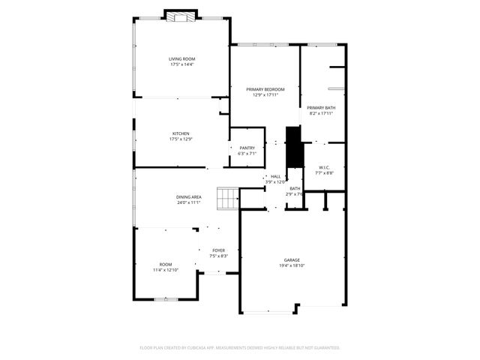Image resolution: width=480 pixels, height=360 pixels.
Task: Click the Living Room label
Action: point(181,58)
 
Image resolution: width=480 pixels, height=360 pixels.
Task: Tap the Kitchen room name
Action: point(181,133)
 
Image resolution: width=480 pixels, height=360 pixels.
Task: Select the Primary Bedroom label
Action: point(265,89)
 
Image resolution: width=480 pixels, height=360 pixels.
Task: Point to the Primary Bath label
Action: point(321,108)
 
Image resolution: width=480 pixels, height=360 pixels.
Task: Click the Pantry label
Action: point(247,148)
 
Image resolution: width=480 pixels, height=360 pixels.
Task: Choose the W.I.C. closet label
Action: point(325,167)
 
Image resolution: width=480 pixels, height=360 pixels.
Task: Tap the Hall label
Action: point(275,176)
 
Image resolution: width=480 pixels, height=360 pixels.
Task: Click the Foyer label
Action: point(218,250)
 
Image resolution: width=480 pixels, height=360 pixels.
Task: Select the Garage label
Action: point(292,259)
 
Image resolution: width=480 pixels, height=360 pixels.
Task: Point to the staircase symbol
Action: point(227,199)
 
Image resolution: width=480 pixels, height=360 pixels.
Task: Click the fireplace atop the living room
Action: point(181,16)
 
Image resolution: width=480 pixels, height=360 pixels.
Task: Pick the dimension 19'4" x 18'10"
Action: point(292,265)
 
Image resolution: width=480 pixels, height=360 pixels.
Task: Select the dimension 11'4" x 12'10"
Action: point(165,270)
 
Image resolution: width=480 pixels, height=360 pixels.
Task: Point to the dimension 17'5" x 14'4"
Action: point(181,64)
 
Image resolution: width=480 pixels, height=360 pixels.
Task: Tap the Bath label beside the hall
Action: point(295,188)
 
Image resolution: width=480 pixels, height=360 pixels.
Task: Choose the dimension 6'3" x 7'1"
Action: point(247,154)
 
